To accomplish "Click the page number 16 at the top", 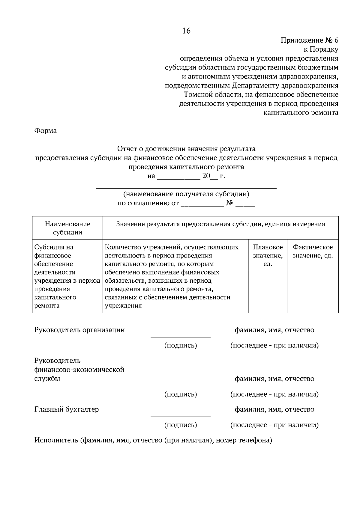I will (x=186, y=31).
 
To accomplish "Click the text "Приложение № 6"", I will (x=309, y=40).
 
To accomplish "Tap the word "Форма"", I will (x=45, y=131).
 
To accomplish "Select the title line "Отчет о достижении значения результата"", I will (x=186, y=149).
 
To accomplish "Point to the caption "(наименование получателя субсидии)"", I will (x=186, y=194).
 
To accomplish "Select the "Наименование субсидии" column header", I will (x=67, y=228).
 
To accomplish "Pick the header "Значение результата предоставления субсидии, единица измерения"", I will (x=220, y=224).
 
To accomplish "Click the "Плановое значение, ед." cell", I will (x=268, y=255).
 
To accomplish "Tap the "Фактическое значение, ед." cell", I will (x=313, y=252).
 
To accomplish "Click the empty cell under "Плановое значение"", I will (x=268, y=292).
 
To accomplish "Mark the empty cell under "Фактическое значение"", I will (x=313, y=292).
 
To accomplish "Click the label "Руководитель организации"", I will (x=79, y=330).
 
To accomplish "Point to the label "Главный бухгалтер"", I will (x=67, y=409).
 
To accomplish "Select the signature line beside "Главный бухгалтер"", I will (x=180, y=416).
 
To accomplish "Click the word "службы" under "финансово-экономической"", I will (x=47, y=379).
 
